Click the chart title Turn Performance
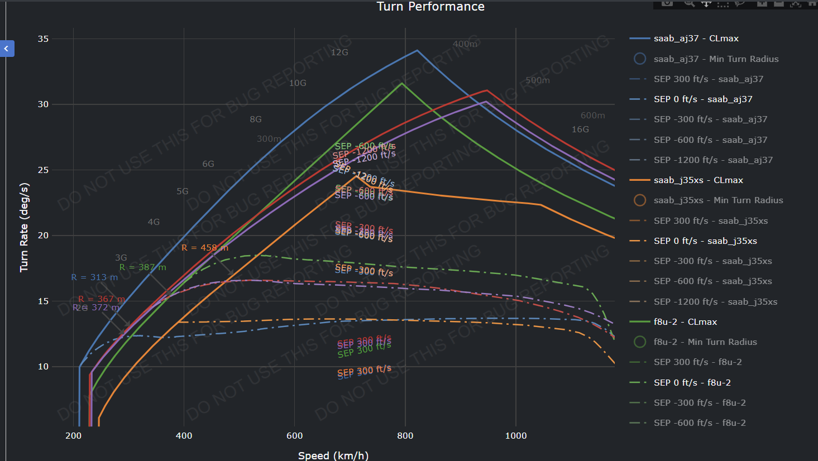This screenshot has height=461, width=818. click(x=430, y=7)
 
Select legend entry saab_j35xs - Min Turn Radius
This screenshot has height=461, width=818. click(x=718, y=200)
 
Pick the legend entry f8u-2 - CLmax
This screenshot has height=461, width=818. click(x=685, y=322)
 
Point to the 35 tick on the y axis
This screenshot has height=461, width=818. click(x=43, y=39)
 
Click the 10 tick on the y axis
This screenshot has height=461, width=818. click(x=43, y=367)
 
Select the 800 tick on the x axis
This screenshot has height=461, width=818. click(x=405, y=436)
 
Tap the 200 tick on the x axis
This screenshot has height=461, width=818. click(x=73, y=436)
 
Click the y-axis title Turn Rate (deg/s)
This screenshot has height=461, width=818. click(x=24, y=227)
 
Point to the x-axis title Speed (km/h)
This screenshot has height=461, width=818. click(x=333, y=455)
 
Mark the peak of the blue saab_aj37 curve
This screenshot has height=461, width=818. click(x=417, y=50)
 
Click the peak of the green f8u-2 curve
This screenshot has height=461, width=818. click(x=402, y=83)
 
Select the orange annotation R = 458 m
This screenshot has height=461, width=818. click(x=205, y=248)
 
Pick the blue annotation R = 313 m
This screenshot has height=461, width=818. click(x=94, y=277)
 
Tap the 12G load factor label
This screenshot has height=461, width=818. click(x=339, y=52)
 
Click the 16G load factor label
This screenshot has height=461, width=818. click(x=580, y=129)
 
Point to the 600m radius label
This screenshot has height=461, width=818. click(x=592, y=116)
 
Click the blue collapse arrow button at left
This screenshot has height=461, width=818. click(x=7, y=49)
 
